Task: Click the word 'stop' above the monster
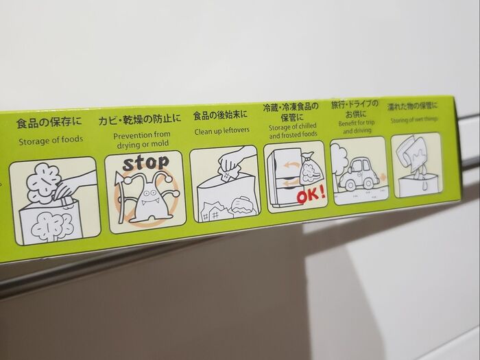145,163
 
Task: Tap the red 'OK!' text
311,195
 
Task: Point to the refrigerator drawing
283,178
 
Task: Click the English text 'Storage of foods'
51,141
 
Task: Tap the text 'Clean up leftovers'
221,131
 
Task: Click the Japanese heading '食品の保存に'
49,122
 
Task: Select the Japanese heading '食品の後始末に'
220,115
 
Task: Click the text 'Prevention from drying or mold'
142,140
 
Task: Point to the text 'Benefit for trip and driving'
357,127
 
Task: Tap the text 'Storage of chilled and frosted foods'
293,131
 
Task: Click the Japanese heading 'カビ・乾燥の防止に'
140,119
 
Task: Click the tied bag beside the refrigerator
311,171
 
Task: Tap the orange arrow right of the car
383,177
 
